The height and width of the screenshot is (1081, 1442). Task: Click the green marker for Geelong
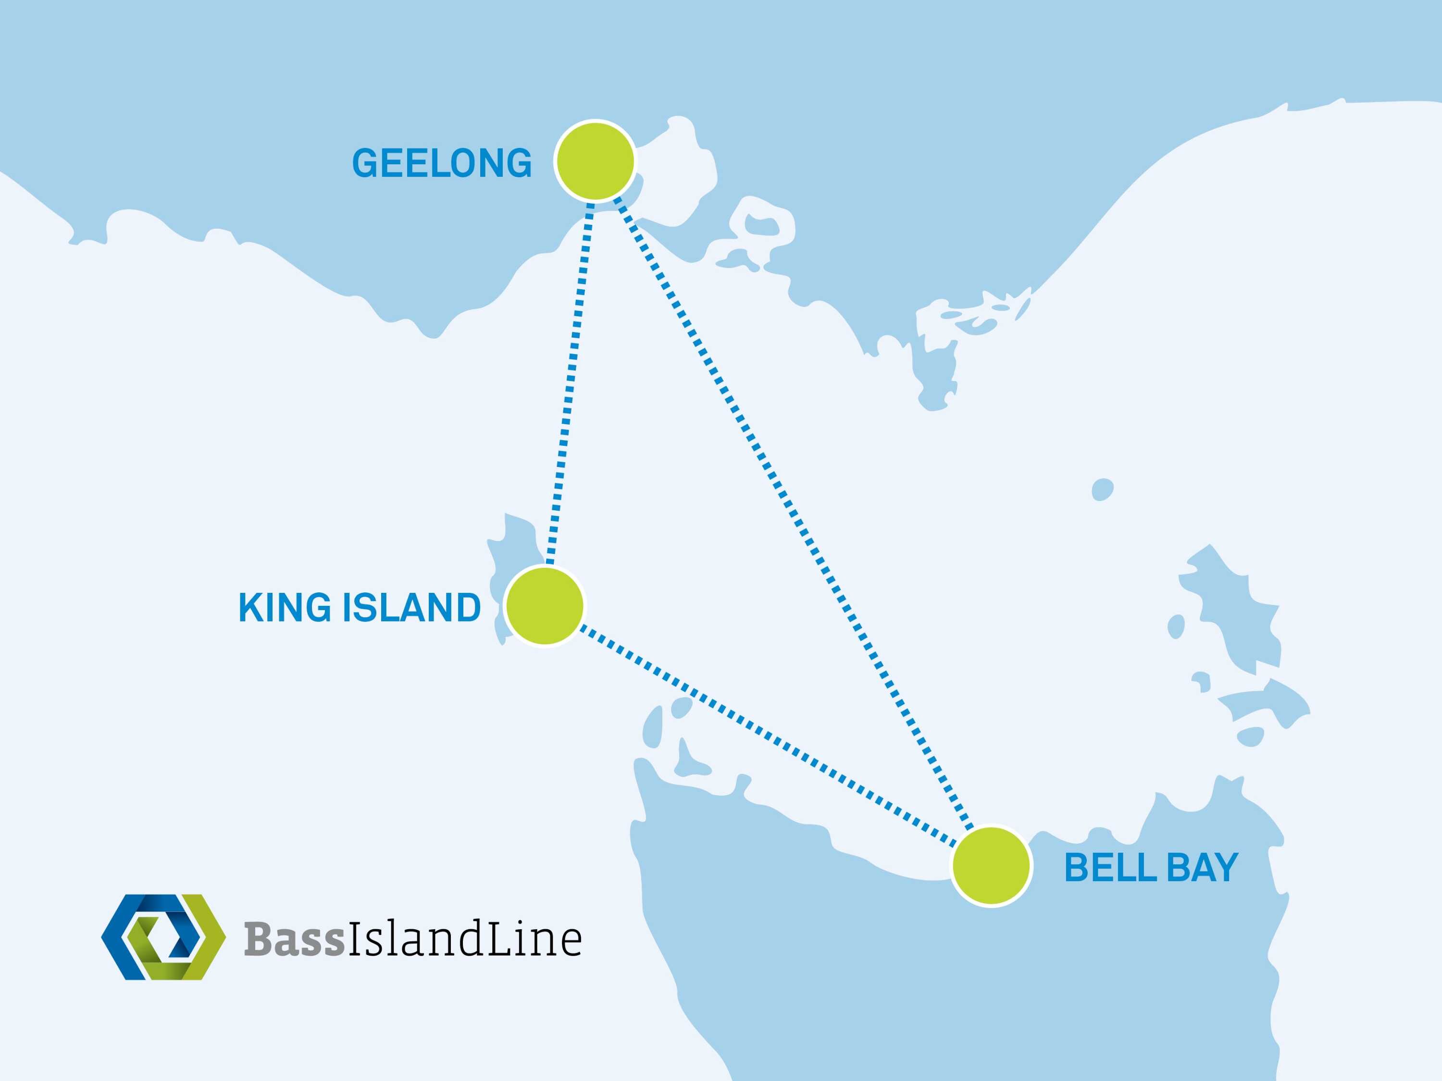click(x=595, y=160)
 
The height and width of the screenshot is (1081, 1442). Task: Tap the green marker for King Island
click(x=545, y=606)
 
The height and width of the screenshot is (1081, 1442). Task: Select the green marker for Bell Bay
click(x=991, y=866)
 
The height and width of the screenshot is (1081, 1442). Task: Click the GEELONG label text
click(x=442, y=163)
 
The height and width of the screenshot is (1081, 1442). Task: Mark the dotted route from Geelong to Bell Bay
click(x=789, y=508)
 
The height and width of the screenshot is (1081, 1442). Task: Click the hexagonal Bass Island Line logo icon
click(x=163, y=937)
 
